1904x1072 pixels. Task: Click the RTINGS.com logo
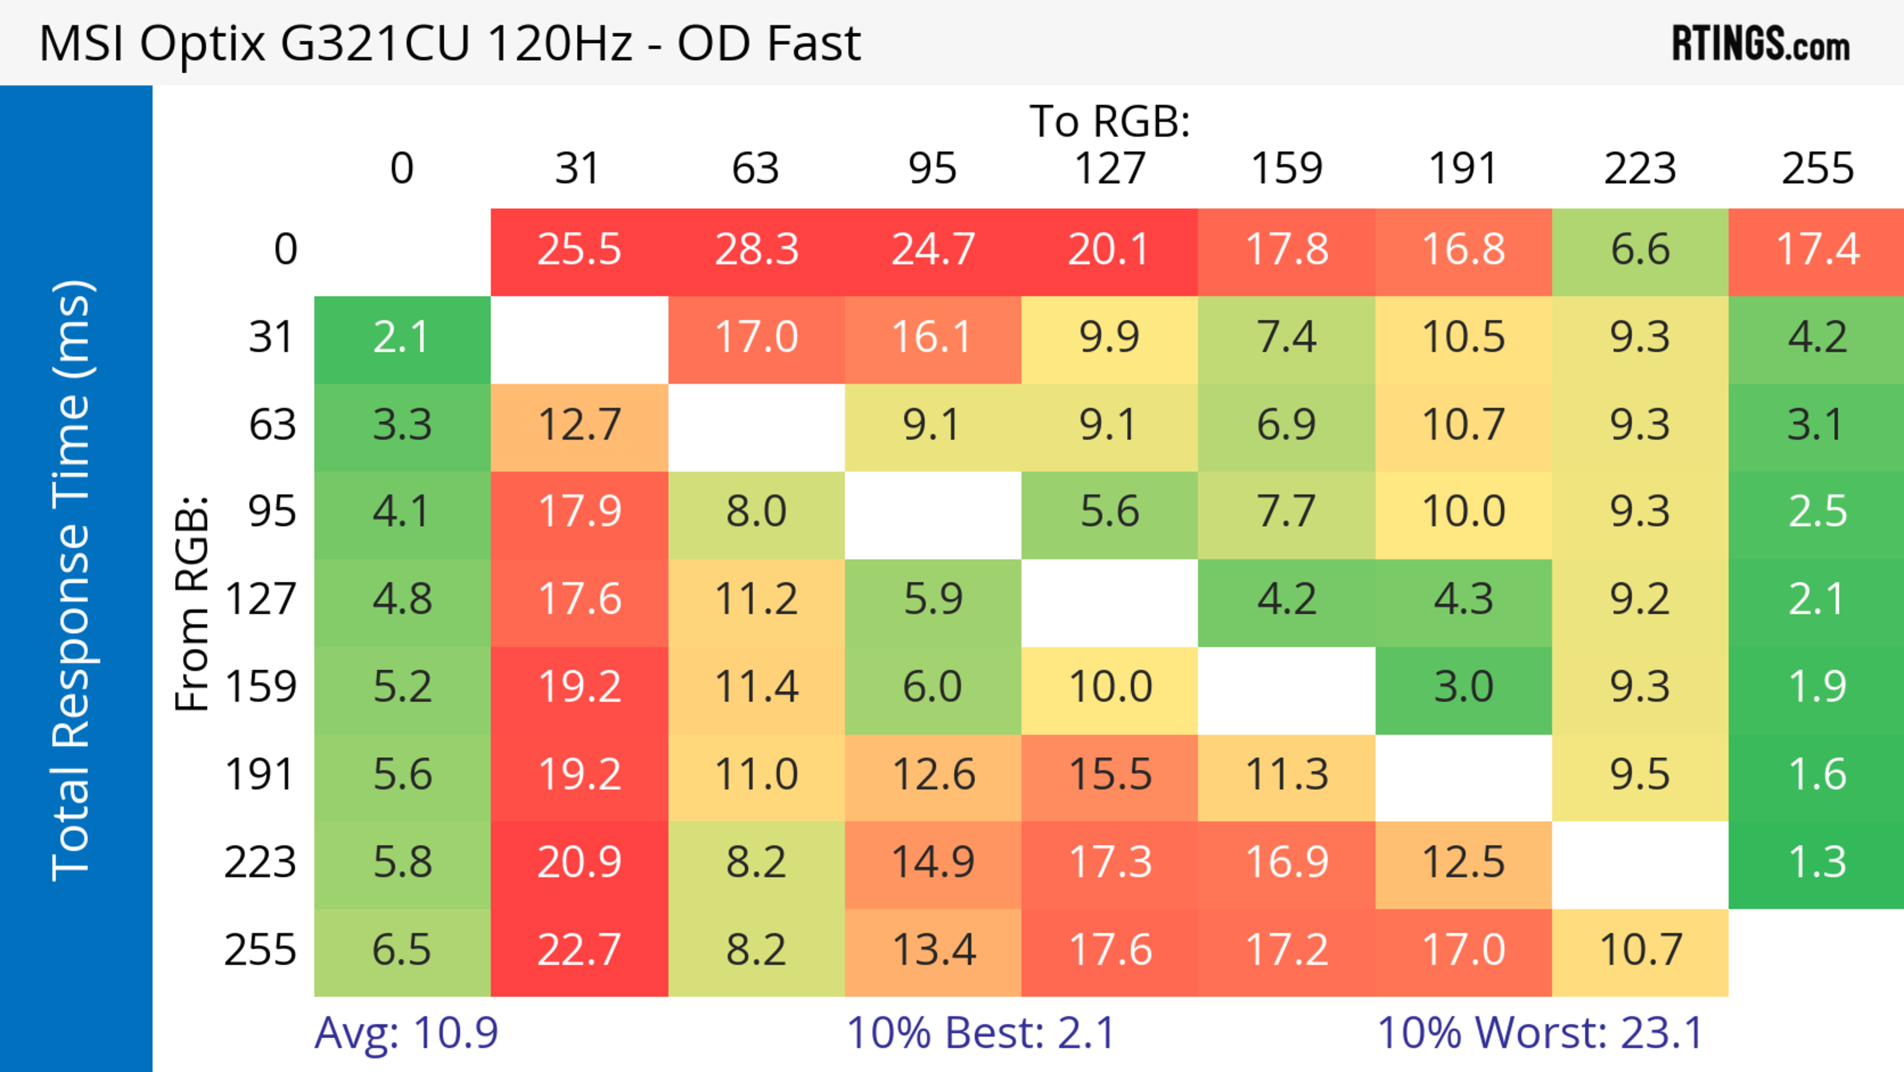[1761, 44]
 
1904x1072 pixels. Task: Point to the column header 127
[1110, 169]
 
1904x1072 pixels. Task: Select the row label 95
[272, 511]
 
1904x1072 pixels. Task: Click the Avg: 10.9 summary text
[406, 1033]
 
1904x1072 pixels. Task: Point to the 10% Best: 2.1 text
[980, 1033]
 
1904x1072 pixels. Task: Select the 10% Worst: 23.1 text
[1541, 1033]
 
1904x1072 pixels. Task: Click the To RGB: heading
[1110, 121]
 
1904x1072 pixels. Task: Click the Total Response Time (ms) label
[72, 581]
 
